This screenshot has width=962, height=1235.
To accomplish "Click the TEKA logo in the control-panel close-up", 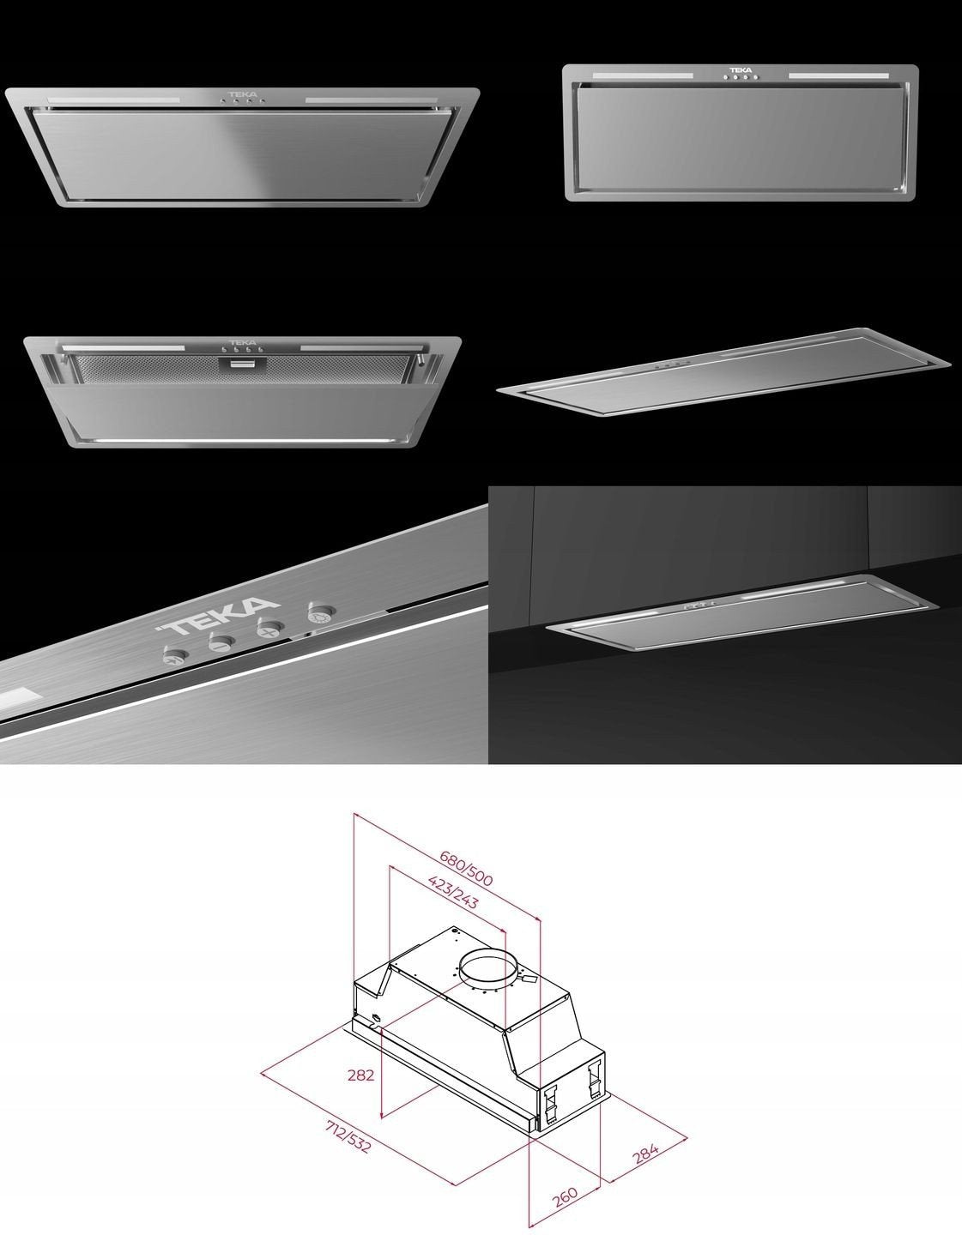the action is pos(219,616).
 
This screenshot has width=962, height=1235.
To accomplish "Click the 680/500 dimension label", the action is pos(466,868).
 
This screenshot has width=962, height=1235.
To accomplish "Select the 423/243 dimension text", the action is pos(453,892).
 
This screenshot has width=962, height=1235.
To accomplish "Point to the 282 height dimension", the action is pos(360,1075).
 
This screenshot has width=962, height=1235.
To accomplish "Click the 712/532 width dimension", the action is pos(348,1136).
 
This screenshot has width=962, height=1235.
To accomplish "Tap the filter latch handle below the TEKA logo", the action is pos(243,363).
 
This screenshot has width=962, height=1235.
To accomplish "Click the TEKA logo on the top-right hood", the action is pos(741,70).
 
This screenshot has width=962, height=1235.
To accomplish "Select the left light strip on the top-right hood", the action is pos(643,75).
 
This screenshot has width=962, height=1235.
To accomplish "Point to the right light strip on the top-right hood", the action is pos(838,75).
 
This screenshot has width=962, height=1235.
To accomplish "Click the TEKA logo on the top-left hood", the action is pos(243,94).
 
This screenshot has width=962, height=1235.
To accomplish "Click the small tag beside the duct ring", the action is pos(529,979).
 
